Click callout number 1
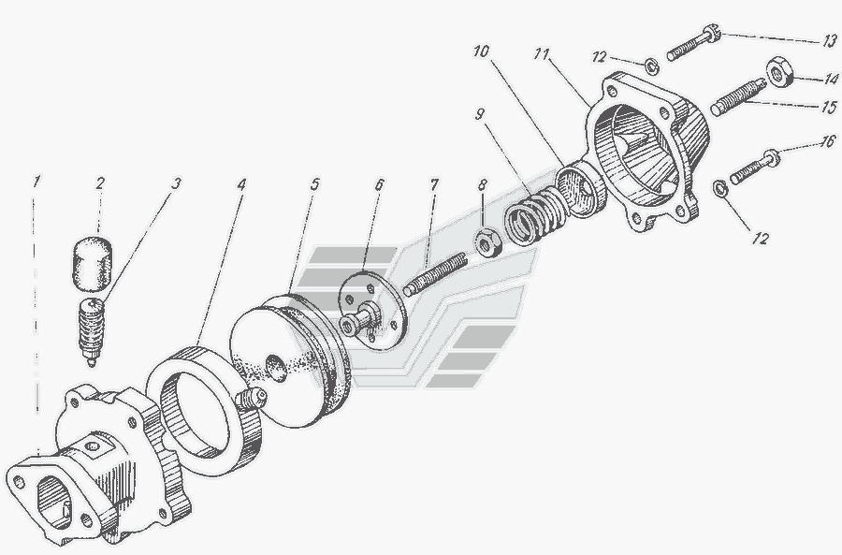coord(36,182)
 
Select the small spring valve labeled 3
coord(92,331)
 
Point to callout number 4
coord(241,184)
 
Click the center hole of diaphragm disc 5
coord(276,368)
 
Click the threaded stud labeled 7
coord(435,274)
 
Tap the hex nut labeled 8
coord(488,242)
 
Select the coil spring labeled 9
coord(534,216)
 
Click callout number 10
coord(481,51)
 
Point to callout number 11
coord(542,53)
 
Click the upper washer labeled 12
coord(652,66)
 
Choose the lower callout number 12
coord(761,238)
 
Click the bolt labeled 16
coord(754,166)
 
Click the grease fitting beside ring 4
coord(250,399)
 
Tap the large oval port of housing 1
coord(53,502)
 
